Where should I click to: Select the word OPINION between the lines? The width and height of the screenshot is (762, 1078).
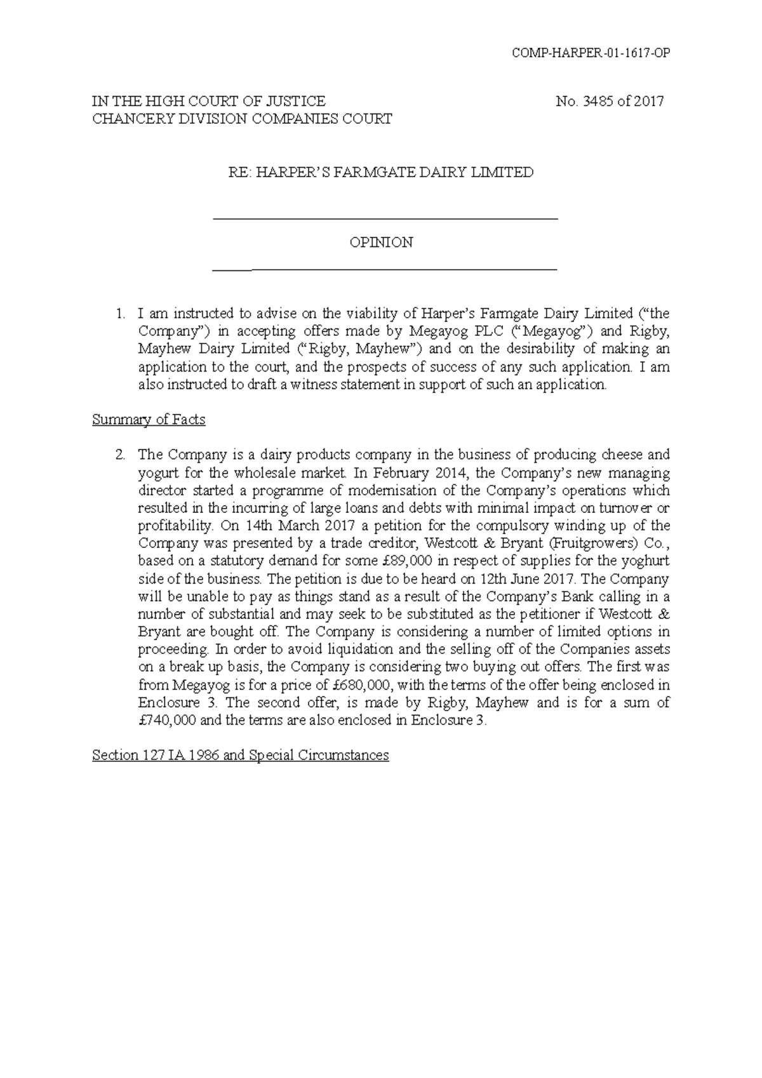tap(382, 243)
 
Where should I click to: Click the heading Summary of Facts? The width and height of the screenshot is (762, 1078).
tap(149, 420)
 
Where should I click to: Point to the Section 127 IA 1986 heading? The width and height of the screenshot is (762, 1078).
tap(240, 755)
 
